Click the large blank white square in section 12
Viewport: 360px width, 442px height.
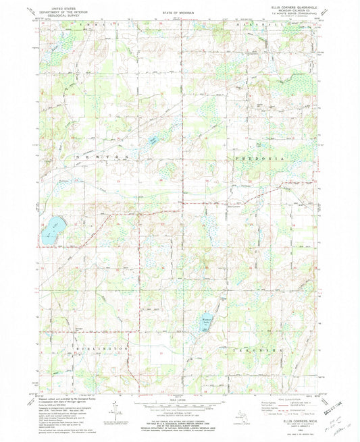pyautogui.click(x=161, y=353)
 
